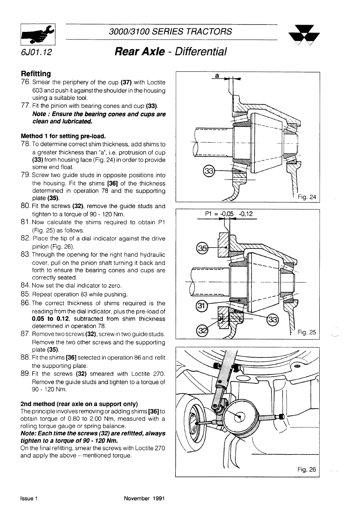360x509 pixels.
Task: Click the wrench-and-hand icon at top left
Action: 38,35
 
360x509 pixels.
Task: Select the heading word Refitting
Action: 36,74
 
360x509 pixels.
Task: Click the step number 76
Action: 26,82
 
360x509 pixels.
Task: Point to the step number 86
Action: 26,303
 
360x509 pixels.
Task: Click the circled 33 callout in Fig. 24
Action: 209,171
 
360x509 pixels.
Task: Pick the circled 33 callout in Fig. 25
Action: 272,319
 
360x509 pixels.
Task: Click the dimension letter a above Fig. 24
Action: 216,75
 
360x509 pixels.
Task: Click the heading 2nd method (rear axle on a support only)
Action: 79,404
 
